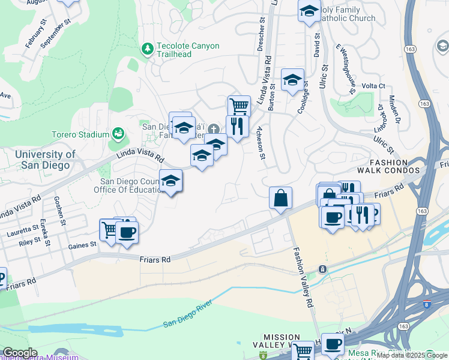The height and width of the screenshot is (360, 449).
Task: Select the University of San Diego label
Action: (x=45, y=159)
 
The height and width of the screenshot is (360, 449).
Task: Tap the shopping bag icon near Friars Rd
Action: (x=280, y=197)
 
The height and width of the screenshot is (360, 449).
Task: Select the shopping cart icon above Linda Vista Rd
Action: (x=239, y=106)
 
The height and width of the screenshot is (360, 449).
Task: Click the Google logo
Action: (x=20, y=353)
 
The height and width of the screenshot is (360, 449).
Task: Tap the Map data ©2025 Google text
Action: (x=411, y=355)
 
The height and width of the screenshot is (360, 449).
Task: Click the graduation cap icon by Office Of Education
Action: (x=171, y=180)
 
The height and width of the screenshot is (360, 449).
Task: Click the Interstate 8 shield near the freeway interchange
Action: (x=427, y=304)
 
